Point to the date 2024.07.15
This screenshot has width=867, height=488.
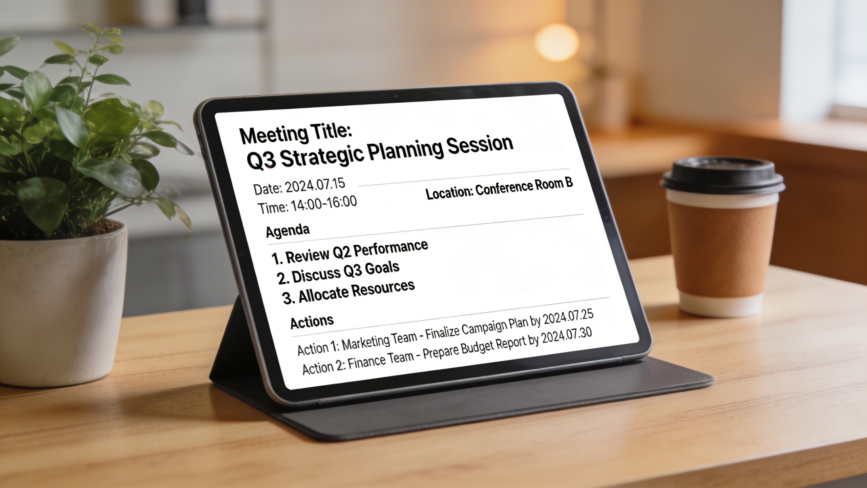pos(315,186)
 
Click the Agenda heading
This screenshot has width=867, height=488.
pos(288,231)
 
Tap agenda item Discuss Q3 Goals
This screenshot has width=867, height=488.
pos(345,272)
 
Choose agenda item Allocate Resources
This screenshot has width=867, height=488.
pos(356,291)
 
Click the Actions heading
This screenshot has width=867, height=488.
pos(312,322)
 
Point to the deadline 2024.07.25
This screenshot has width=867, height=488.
pos(568,318)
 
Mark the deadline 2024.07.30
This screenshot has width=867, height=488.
pos(567,337)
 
